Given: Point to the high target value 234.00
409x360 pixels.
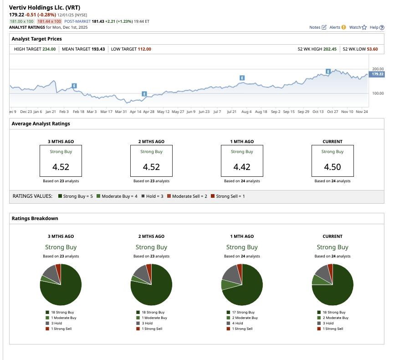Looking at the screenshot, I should pyautogui.click(x=49, y=49).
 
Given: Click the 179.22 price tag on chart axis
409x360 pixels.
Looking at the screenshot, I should pyautogui.click(x=377, y=74).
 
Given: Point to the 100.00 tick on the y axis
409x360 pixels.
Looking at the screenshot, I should pyautogui.click(x=378, y=93).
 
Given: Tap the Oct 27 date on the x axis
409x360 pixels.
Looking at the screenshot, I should pyautogui.click(x=332, y=111).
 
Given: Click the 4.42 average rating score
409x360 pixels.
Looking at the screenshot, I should pyautogui.click(x=242, y=167).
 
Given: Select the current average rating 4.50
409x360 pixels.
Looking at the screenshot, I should pyautogui.click(x=332, y=167).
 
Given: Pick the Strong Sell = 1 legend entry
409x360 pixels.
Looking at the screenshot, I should pyautogui.click(x=228, y=196).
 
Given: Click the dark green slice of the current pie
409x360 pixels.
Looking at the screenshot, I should pyautogui.click(x=337, y=289).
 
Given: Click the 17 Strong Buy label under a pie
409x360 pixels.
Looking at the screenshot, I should pyautogui.click(x=243, y=312).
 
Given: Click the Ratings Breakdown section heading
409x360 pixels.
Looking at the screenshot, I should pyautogui.click(x=35, y=218).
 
